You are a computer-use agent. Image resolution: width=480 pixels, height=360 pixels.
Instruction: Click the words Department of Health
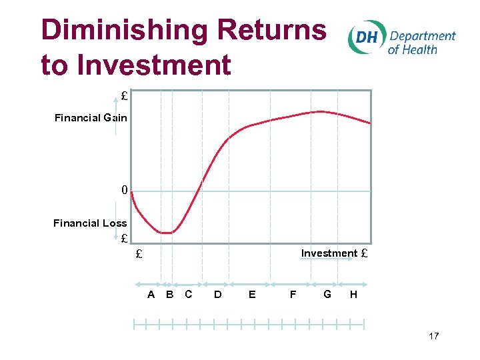pyautogui.click(x=421, y=42)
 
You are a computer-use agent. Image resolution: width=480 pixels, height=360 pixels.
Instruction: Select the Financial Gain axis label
pyautogui.click(x=91, y=118)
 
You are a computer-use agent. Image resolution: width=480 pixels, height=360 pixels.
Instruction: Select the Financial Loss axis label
pyautogui.click(x=90, y=223)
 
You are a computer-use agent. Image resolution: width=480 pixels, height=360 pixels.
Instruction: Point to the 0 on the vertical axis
pyautogui.click(x=124, y=191)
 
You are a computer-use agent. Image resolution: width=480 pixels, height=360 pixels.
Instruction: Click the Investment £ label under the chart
pyautogui.click(x=334, y=253)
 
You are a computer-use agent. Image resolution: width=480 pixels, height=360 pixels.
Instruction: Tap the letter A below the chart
pyautogui.click(x=151, y=294)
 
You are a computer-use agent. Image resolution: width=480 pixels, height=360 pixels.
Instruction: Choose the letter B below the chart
pyautogui.click(x=170, y=294)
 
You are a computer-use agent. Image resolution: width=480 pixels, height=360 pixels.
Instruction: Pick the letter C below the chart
pyautogui.click(x=189, y=294)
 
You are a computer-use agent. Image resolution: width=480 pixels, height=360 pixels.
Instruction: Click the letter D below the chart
pyautogui.click(x=218, y=294)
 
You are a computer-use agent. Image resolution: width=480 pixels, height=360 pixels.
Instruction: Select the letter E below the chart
pyautogui.click(x=251, y=294)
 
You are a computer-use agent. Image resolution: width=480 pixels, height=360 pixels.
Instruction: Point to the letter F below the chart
pyautogui.click(x=293, y=294)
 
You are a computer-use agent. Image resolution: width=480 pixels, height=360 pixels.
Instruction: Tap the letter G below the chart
pyautogui.click(x=327, y=293)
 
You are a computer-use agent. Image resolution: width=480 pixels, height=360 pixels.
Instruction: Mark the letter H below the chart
pyautogui.click(x=353, y=294)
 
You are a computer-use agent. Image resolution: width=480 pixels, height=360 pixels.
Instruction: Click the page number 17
pyautogui.click(x=434, y=336)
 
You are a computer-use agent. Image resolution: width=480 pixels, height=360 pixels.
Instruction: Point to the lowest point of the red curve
pyautogui.click(x=166, y=233)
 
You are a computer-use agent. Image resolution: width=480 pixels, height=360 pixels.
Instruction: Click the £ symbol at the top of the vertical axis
pyautogui.click(x=124, y=96)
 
